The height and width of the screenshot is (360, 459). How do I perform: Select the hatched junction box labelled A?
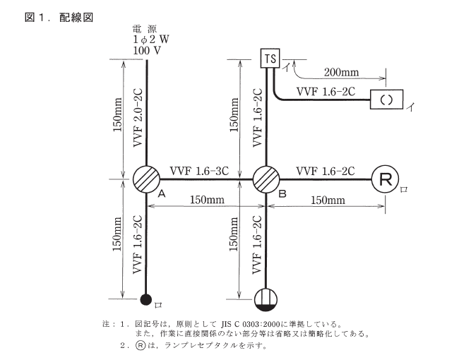click(147, 179)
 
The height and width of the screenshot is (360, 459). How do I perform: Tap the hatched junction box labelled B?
click(266, 179)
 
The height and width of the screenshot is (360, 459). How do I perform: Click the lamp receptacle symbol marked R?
click(385, 179)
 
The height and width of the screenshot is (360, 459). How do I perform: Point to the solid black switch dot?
click(146, 299)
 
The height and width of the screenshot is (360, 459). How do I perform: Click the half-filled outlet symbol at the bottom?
click(266, 299)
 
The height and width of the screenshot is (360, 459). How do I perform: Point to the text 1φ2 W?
click(148, 41)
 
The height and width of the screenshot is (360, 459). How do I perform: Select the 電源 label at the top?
click(146, 30)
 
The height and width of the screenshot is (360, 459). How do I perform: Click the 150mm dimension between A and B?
click(206, 200)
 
